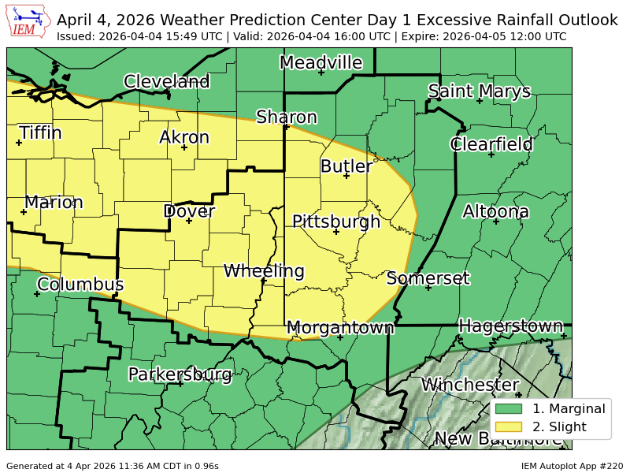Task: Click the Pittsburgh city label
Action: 336,222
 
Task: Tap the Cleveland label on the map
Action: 167,81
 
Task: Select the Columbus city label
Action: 80,284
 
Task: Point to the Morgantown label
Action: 340,327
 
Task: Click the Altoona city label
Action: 495,211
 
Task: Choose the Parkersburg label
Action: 180,374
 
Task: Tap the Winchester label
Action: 470,385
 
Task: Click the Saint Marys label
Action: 480,91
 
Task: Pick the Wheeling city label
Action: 264,271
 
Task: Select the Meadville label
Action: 321,62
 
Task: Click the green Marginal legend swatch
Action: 510,408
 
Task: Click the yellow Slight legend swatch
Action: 510,427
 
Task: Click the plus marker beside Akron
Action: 184,147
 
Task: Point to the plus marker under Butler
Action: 346,176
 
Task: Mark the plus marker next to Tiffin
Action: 19,143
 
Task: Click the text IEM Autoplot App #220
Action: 572,466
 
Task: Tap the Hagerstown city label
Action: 510,326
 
